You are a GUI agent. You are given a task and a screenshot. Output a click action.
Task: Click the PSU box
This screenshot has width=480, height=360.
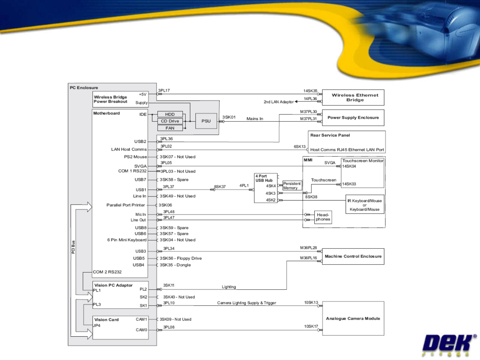[x=206, y=121]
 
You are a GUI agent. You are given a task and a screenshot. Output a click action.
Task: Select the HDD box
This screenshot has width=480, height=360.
[x=170, y=114]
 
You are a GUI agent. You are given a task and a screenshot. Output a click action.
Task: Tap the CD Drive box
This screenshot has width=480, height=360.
[x=170, y=121]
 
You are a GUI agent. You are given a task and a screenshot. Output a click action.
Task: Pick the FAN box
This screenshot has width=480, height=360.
[x=170, y=128]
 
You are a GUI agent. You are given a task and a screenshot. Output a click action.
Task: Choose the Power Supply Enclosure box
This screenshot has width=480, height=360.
[x=353, y=118]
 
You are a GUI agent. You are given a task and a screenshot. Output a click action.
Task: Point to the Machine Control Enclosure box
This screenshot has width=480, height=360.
[x=353, y=256]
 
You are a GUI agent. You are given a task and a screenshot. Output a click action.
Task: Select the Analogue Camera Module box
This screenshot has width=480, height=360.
[x=353, y=319]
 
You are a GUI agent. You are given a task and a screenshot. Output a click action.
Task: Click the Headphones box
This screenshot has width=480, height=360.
[x=323, y=217]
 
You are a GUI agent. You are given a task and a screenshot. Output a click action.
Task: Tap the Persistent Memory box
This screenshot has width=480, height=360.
[x=292, y=186]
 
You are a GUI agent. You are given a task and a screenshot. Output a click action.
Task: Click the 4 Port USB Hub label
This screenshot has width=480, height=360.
[x=264, y=178]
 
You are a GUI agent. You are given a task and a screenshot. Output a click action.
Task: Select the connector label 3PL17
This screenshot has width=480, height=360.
[x=164, y=90]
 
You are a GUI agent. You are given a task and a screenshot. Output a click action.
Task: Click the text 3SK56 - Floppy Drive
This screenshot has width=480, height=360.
[x=181, y=258]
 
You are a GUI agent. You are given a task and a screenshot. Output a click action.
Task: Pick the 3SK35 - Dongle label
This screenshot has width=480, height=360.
[x=175, y=265]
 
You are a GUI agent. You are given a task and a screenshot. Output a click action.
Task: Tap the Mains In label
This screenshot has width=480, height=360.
[x=255, y=119]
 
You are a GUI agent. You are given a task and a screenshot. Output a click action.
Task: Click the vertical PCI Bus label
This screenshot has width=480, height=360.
[x=73, y=247]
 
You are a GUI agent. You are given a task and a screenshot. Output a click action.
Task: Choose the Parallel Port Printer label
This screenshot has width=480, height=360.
[x=126, y=205]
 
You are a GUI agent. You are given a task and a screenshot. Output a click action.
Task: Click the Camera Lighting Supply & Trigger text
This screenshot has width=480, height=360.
[x=247, y=303]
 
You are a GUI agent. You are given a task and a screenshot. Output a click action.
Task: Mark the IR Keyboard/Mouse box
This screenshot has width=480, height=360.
[x=365, y=205]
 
